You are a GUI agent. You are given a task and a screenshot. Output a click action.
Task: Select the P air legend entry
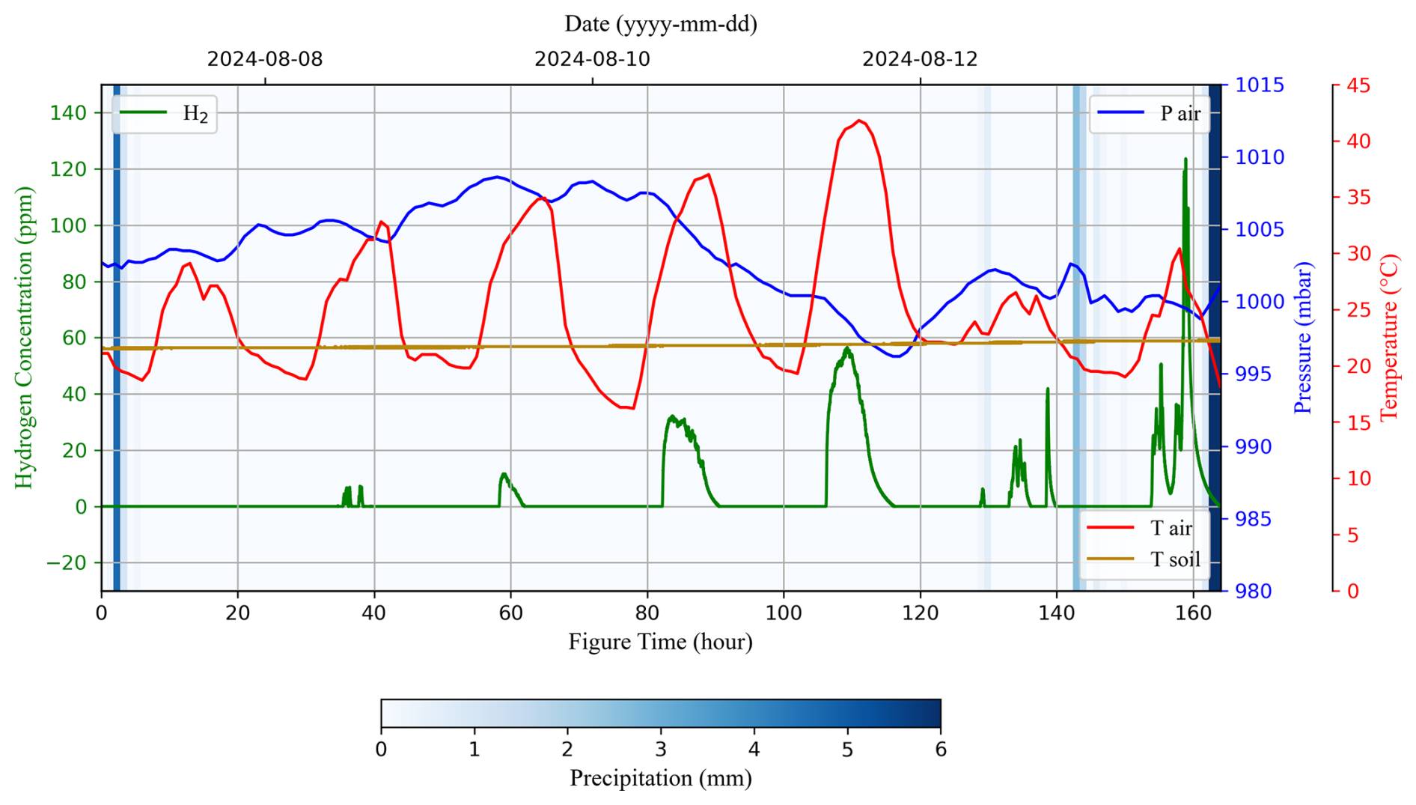1150,114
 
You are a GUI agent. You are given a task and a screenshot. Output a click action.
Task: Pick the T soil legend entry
1145,559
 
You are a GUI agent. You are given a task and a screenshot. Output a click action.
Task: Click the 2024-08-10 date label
592,59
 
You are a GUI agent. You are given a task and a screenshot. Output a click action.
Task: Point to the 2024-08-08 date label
265,59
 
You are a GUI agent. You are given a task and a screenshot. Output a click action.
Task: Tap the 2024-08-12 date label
920,59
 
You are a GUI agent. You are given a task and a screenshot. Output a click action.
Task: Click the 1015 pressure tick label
1260,85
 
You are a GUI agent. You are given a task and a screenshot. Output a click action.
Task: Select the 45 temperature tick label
1358,85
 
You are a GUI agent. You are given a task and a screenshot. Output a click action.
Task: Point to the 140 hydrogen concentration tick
68,113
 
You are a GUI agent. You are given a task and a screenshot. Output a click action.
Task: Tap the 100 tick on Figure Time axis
784,613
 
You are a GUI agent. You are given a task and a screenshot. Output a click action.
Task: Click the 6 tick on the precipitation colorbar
941,750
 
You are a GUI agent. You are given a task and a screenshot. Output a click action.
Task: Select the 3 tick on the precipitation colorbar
661,750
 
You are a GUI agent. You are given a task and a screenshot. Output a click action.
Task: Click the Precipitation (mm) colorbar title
661,778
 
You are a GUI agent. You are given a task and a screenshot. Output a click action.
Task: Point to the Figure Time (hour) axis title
660,642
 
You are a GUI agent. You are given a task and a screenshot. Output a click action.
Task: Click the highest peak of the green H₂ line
1185,159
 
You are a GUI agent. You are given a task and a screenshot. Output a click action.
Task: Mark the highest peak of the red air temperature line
859,121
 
